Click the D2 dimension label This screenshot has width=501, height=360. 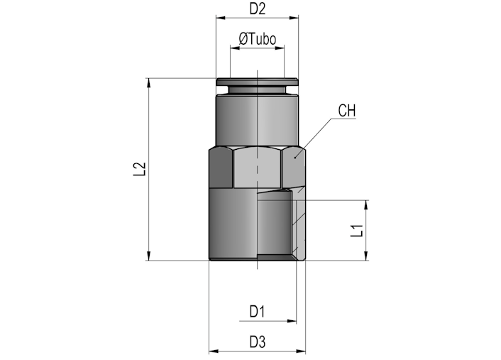pyautogui.click(x=257, y=9)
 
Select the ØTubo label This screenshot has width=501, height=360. pyautogui.click(x=258, y=39)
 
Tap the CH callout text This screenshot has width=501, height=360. pyautogui.click(x=347, y=111)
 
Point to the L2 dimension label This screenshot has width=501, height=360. pyautogui.click(x=140, y=169)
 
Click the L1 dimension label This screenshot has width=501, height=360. pyautogui.click(x=357, y=231)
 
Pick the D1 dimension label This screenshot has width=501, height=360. pyautogui.click(x=257, y=312)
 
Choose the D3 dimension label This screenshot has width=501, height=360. pyautogui.click(x=258, y=342)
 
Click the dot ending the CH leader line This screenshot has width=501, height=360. pyautogui.click(x=295, y=157)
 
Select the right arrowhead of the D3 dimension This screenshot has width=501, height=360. pyautogui.click(x=301, y=351)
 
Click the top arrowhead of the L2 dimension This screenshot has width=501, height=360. pyautogui.click(x=148, y=83)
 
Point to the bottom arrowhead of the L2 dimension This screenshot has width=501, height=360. pyautogui.click(x=148, y=256)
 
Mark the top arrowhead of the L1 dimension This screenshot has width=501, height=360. pyautogui.click(x=366, y=205)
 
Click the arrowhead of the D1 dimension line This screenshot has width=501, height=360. pyautogui.click(x=292, y=321)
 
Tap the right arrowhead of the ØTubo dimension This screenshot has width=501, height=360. pyautogui.click(x=280, y=48)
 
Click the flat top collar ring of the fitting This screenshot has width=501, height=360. pyautogui.click(x=257, y=82)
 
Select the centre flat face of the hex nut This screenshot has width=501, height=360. pyautogui.click(x=257, y=168)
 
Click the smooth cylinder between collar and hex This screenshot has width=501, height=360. pyautogui.click(x=257, y=121)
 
